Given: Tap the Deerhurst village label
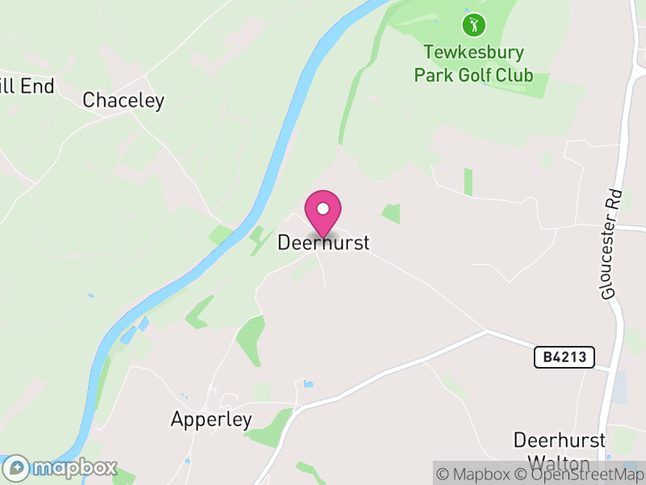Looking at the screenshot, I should [323, 242].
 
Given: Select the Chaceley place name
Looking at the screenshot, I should [124, 100].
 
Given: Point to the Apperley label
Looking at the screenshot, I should [212, 420].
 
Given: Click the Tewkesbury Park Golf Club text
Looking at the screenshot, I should [473, 64].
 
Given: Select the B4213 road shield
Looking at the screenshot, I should [564, 356].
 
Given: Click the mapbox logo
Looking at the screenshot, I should [61, 467].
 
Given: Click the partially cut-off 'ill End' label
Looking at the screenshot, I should [27, 86].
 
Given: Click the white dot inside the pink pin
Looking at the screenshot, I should [323, 209].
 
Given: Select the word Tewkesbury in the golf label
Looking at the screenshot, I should [473, 53].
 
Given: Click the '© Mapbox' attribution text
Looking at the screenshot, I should [473, 474].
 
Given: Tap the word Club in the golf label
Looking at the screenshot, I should [514, 75].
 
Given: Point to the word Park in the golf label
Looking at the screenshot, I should [433, 75].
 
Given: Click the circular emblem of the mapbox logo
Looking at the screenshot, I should [17, 467].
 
